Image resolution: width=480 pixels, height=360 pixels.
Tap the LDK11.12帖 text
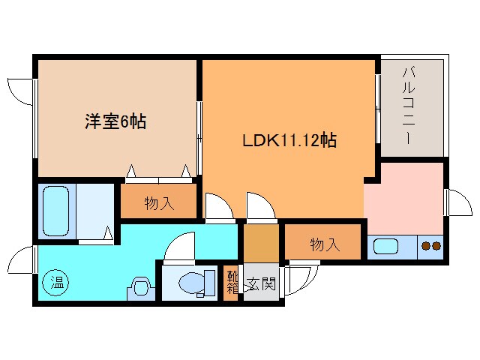pos(288,140)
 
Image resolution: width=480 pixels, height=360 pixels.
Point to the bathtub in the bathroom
pos(55,211)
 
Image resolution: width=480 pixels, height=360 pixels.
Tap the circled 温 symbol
pos(56,283)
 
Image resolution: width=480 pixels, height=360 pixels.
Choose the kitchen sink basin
pos(388,245)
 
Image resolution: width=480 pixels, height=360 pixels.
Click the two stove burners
pos(430,245)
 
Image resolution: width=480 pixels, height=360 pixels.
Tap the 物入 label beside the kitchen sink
pos(325,244)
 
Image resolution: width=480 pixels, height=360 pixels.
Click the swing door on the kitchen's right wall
pos(455,202)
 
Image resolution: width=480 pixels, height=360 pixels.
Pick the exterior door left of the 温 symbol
pos(21,260)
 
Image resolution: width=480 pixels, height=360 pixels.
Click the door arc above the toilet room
pos(180,246)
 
